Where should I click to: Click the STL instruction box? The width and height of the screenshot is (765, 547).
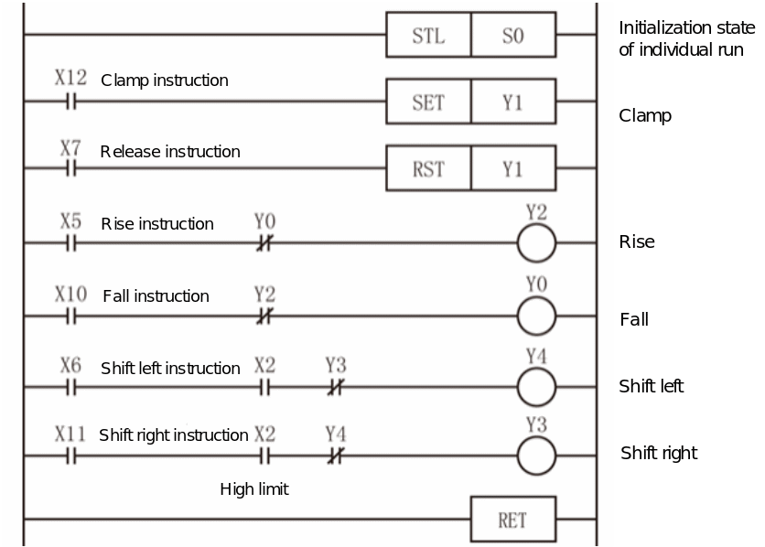pyautogui.click(x=428, y=35)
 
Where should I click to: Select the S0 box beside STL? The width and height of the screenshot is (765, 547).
pyautogui.click(x=513, y=35)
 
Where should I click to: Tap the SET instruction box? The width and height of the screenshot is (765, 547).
pyautogui.click(x=428, y=102)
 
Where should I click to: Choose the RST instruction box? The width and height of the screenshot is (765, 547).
pyautogui.click(x=428, y=168)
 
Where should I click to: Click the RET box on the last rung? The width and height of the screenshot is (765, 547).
pyautogui.click(x=513, y=520)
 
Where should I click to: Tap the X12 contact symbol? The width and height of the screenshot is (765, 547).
pyautogui.click(x=71, y=102)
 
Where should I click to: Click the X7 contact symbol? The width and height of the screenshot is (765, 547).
pyautogui.click(x=71, y=168)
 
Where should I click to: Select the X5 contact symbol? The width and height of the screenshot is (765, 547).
pyautogui.click(x=71, y=242)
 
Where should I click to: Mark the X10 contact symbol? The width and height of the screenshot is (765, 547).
pyautogui.click(x=71, y=316)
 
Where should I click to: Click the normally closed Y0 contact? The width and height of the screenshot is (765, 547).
pyautogui.click(x=264, y=242)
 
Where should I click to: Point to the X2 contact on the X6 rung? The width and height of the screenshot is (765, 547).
pyautogui.click(x=264, y=388)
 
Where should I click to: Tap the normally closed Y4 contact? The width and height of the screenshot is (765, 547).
pyautogui.click(x=336, y=456)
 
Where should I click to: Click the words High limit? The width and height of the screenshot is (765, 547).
pyautogui.click(x=254, y=489)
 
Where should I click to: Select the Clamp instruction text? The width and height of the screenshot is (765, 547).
pyautogui.click(x=165, y=80)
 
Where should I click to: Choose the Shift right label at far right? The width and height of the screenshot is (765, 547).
pyautogui.click(x=659, y=454)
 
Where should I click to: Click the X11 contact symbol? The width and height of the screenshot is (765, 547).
pyautogui.click(x=71, y=456)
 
